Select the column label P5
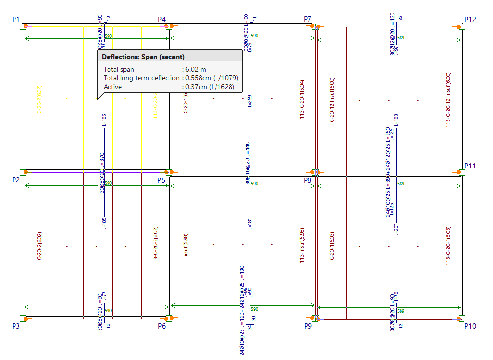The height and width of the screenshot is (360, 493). pyautogui.click(x=162, y=180)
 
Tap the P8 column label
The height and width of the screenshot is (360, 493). pyautogui.click(x=308, y=180)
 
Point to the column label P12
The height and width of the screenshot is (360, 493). pyautogui.click(x=470, y=20)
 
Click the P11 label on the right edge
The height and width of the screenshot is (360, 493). pyautogui.click(x=470, y=166)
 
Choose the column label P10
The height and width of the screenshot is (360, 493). pyautogui.click(x=470, y=326)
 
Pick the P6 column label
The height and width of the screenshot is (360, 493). pyautogui.click(x=162, y=326)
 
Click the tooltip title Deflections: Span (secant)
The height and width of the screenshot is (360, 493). pyautogui.click(x=143, y=57)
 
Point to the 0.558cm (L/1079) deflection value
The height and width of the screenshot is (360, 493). pyautogui.click(x=212, y=78)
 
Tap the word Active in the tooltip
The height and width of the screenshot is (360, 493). pyautogui.click(x=113, y=87)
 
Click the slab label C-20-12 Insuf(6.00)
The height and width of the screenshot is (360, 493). pyautogui.click(x=332, y=97)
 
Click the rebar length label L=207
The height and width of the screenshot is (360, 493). pyautogui.click(x=396, y=229)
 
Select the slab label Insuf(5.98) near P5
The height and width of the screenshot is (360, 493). pyautogui.click(x=185, y=245)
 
